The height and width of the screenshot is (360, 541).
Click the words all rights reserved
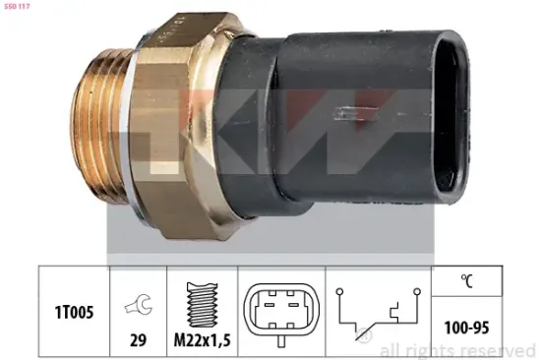tap(456, 349)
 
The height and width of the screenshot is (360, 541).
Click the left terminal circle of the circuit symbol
tap(337, 292)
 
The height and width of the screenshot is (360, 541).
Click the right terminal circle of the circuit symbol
tap(417, 292)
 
